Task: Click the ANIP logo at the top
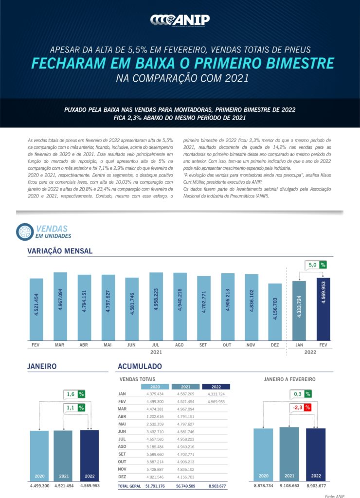(180, 19)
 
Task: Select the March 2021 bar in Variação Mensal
(60, 306)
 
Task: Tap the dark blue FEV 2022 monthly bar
(324, 309)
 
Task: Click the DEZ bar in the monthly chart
(275, 312)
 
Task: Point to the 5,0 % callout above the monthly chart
(316, 265)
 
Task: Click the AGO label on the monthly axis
(180, 345)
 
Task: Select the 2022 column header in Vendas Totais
(216, 387)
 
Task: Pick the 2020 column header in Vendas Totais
(155, 387)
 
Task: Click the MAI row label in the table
(123, 424)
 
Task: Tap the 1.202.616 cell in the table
(155, 417)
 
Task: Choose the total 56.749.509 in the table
(185, 485)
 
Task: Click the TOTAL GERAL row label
(129, 485)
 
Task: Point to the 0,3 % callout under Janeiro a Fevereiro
(302, 393)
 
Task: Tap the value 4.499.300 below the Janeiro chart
(39, 485)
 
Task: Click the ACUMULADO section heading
(140, 366)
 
